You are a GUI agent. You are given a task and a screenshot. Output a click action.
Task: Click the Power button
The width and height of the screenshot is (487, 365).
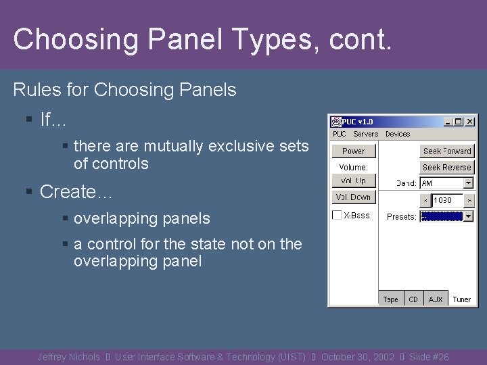click(353, 151)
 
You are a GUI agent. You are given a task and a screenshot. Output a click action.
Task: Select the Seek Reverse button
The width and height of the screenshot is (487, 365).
click(446, 167)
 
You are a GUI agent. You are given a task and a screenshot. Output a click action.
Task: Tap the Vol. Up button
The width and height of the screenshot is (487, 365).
click(353, 181)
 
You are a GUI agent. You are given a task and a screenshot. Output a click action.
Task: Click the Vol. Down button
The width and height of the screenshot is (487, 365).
click(353, 197)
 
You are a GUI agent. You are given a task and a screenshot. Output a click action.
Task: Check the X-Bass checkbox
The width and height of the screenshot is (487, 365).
click(337, 216)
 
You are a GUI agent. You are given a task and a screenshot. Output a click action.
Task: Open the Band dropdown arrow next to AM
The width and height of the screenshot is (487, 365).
click(468, 183)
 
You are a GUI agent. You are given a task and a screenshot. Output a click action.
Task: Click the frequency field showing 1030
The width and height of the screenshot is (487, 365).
click(447, 200)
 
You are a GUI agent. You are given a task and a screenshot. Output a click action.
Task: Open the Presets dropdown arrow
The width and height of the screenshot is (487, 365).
click(468, 216)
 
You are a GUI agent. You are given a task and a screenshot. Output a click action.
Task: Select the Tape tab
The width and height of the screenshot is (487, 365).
click(391, 299)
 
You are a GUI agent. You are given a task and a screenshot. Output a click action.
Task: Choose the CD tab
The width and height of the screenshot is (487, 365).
click(413, 299)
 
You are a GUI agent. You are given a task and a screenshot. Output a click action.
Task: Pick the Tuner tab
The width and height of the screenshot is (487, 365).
click(461, 299)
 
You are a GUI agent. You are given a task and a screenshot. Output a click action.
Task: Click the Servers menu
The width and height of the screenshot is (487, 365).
click(365, 134)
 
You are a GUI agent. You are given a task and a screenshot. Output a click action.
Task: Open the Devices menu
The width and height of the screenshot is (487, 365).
click(398, 134)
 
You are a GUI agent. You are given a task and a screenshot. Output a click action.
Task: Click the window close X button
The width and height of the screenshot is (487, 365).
click(470, 122)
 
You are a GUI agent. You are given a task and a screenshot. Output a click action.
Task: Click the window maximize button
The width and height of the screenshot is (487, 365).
click(459, 122)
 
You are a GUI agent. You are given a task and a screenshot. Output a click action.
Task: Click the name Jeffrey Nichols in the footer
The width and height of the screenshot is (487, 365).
click(68, 357)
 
